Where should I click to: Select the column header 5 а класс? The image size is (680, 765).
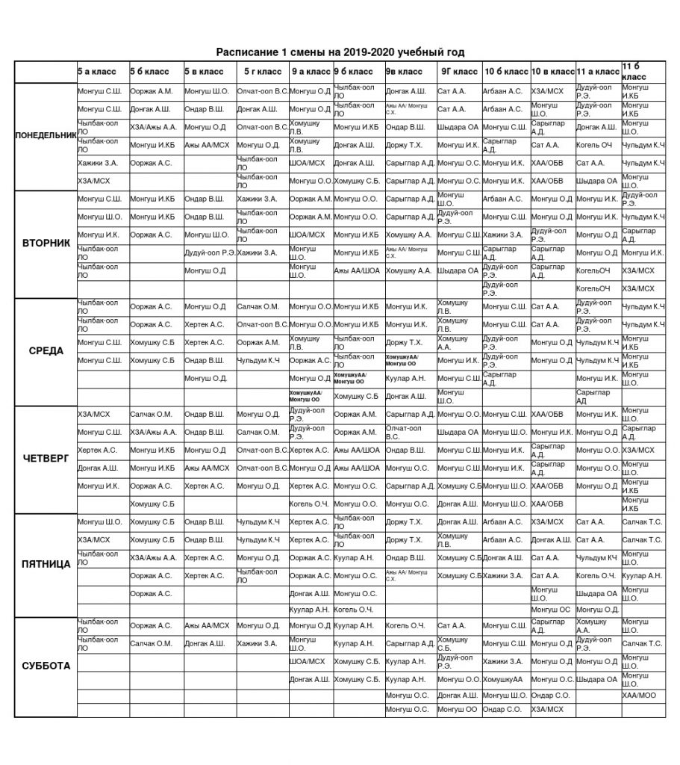coord(97,72)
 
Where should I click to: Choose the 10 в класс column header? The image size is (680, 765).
coord(552,72)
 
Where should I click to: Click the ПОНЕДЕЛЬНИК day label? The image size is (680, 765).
coord(46,135)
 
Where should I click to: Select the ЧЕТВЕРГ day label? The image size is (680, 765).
coord(46,459)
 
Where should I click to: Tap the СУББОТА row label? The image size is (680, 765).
coord(46,666)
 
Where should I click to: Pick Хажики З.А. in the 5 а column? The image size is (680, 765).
coord(97,162)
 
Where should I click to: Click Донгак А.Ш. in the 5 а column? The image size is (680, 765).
coord(98,468)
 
